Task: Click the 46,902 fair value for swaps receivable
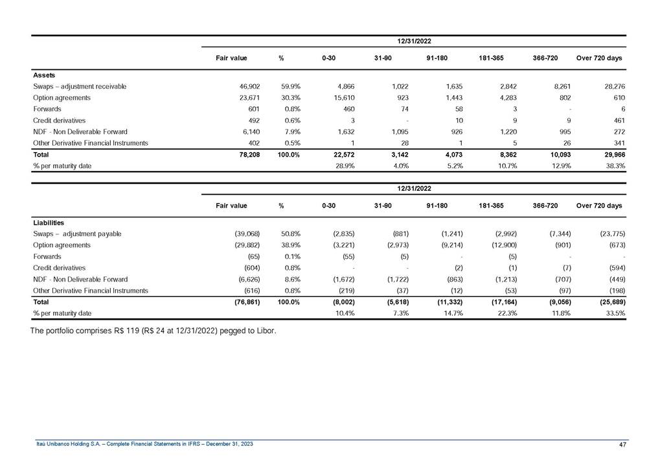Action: tap(250, 86)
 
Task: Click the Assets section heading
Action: tap(44, 75)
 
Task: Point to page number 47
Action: tap(623, 445)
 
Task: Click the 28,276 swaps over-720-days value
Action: tap(611, 86)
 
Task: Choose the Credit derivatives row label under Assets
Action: tap(59, 120)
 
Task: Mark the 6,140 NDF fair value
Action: tap(251, 131)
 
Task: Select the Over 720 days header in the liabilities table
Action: tap(599, 206)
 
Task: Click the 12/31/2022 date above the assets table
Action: tap(415, 41)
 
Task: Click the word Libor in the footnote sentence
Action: tap(265, 332)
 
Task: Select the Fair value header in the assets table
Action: tap(231, 58)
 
